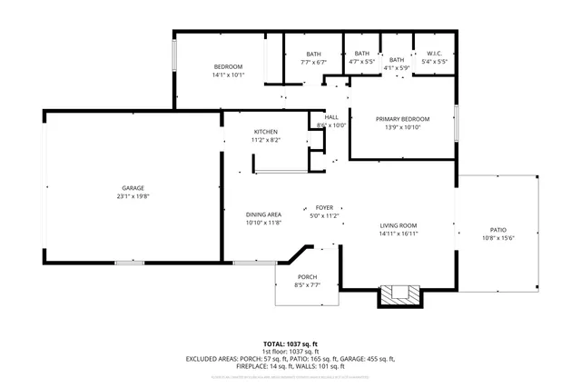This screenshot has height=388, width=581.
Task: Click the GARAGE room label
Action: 133,188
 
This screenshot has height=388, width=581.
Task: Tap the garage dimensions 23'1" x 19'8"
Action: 133,196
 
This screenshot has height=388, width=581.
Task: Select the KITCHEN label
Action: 265,132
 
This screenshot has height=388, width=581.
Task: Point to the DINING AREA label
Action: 263,214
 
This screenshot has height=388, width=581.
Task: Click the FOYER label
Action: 324,208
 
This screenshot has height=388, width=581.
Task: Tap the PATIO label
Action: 498,230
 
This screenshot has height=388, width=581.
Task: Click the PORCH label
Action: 308,277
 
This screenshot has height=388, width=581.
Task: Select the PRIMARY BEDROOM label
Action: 403,119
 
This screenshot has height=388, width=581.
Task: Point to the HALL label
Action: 331,117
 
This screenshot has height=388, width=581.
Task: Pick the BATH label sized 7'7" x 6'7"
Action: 314,54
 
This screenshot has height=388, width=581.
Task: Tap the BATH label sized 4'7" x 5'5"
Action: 362,54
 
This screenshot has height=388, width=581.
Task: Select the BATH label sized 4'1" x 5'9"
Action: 397,54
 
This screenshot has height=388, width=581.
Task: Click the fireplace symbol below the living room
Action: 400,293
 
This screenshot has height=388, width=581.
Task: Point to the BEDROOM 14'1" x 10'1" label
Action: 228,66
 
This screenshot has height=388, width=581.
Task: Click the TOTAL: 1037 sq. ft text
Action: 290,343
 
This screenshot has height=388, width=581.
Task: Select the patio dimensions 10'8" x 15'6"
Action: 498,238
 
